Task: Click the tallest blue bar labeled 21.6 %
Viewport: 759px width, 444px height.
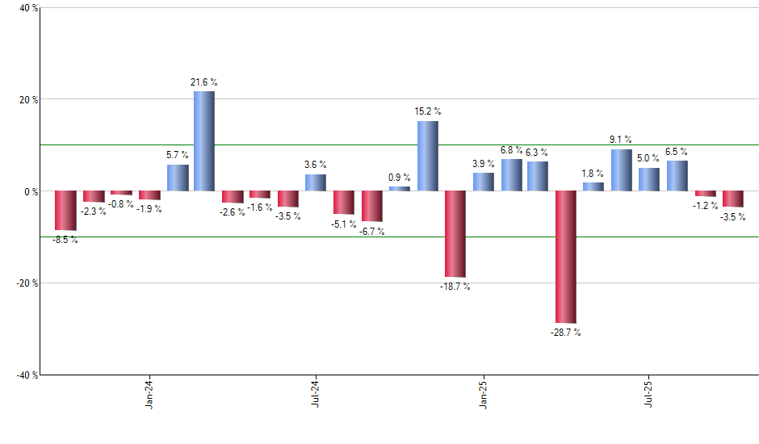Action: point(204,141)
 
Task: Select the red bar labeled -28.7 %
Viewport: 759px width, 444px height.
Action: point(566,257)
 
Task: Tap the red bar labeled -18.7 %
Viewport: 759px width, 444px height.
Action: point(455,234)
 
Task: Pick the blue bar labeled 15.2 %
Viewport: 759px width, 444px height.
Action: point(427,156)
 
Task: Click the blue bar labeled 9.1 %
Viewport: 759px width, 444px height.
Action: point(622,170)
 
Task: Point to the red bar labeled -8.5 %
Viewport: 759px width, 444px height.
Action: point(65,211)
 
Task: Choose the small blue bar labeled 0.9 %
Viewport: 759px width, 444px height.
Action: point(400,189)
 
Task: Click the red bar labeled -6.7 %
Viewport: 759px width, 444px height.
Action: point(371,206)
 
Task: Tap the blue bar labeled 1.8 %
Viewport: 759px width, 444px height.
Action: point(593,186)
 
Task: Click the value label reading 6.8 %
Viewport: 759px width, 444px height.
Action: point(511,149)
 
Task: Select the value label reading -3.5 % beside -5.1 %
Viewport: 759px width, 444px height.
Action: point(287,216)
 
